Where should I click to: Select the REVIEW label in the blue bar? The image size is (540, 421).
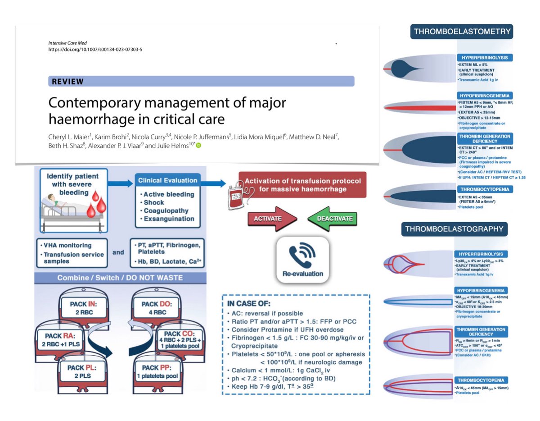68,82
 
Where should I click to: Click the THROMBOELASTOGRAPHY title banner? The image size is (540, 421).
454,229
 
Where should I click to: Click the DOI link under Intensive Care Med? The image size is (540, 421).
98,49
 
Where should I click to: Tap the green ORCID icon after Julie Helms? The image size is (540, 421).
198,146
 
